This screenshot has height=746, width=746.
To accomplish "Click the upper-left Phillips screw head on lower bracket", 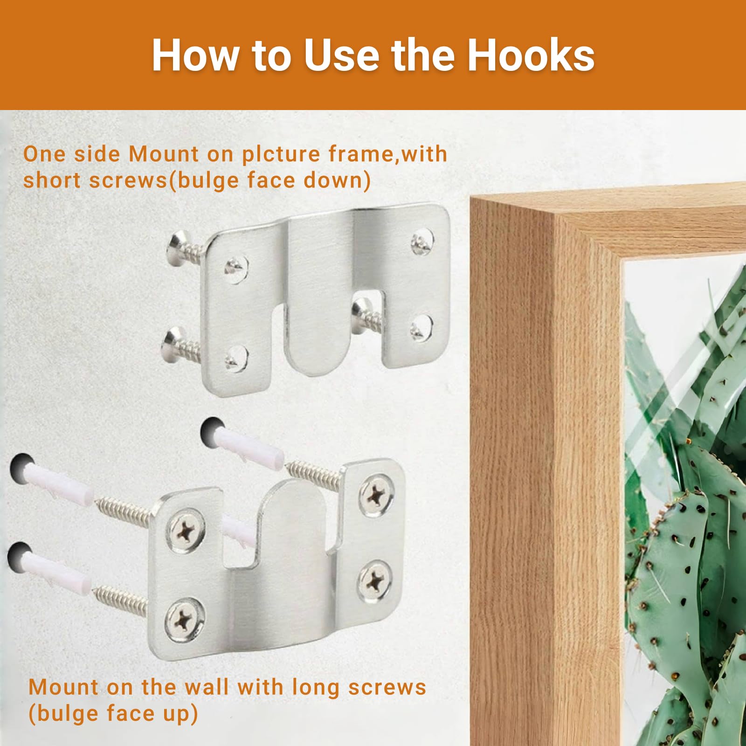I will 185,530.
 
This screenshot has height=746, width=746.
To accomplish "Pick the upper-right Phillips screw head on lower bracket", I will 376,494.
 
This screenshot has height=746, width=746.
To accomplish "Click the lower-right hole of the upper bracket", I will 421,327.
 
